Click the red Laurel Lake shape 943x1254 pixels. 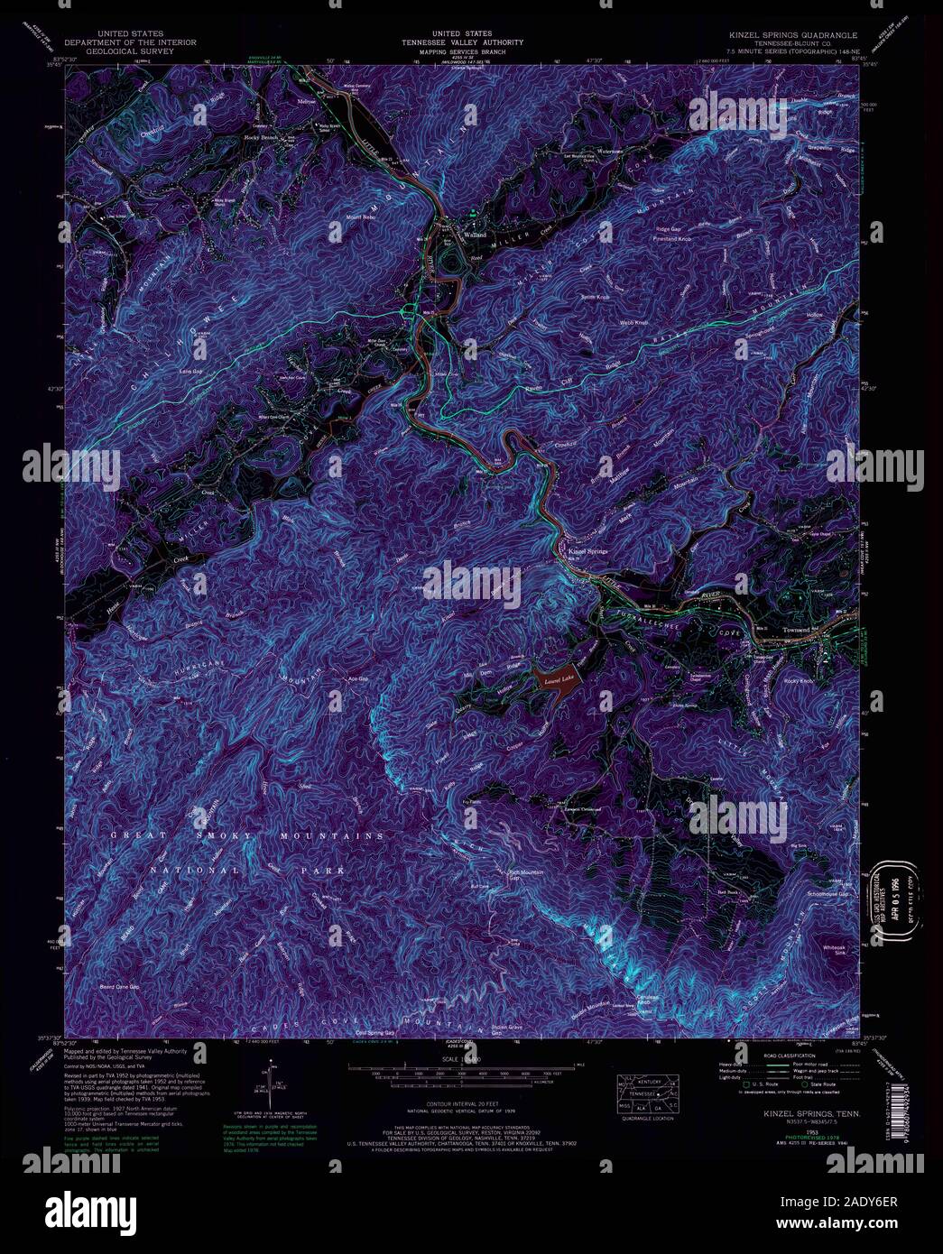553,679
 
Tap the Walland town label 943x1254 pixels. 475,235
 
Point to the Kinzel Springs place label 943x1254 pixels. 587,549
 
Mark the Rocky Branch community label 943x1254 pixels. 264,137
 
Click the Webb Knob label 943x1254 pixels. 634,321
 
